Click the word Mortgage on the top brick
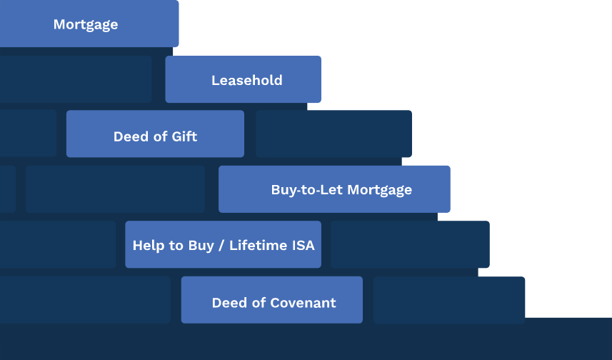pos(86,24)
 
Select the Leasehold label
pos(246,81)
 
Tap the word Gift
pos(185,136)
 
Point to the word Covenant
pos(303,303)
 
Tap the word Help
pos(145,246)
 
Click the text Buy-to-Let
pos(307,190)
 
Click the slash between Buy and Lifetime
pos(221,246)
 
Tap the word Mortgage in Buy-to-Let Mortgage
pos(379,190)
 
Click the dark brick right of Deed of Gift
pos(333,134)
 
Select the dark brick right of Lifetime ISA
pos(410,244)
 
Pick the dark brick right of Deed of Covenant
pos(449,300)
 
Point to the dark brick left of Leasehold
pos(76,79)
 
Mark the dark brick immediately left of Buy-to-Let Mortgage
pos(115,189)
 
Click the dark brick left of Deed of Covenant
pos(85,299)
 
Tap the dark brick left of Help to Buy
pos(58,244)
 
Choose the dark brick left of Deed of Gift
pos(28,133)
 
